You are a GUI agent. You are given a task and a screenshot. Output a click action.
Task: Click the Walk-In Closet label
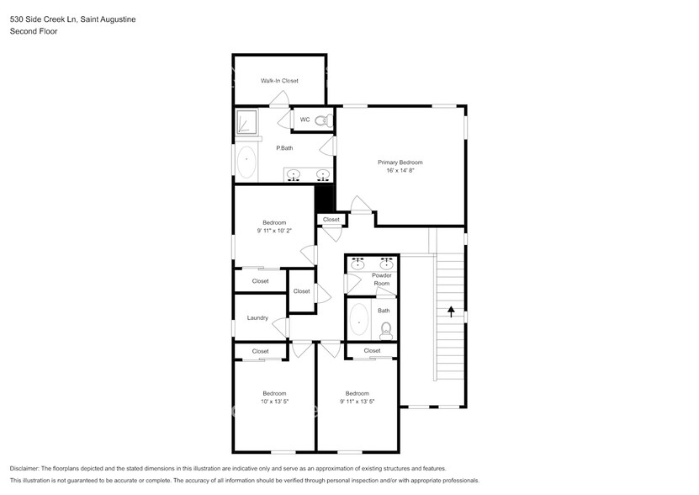click(x=279, y=81)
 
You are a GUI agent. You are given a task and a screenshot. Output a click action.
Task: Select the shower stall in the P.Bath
click(x=246, y=123)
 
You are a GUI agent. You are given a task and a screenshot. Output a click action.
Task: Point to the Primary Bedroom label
click(x=400, y=162)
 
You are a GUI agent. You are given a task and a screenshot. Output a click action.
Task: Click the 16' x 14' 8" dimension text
click(x=400, y=171)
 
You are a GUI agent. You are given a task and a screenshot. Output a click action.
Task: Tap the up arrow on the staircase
click(x=451, y=311)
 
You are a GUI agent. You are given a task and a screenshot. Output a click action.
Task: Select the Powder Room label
click(x=381, y=279)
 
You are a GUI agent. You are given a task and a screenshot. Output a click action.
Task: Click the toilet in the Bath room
click(x=386, y=328)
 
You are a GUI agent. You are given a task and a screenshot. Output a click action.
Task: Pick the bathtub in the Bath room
click(x=360, y=321)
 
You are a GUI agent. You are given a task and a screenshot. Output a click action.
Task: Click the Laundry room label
click(x=257, y=318)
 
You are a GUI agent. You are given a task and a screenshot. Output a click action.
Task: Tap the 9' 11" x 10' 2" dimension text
click(x=274, y=231)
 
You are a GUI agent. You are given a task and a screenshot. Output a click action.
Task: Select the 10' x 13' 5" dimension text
click(x=274, y=402)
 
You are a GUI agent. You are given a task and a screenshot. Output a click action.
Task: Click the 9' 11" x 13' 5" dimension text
click(x=357, y=402)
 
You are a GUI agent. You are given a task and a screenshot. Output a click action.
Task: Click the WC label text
click(x=304, y=120)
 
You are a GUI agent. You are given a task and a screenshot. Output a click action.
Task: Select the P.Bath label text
click(x=284, y=148)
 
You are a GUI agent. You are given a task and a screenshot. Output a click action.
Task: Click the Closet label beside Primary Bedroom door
click(x=331, y=220)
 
